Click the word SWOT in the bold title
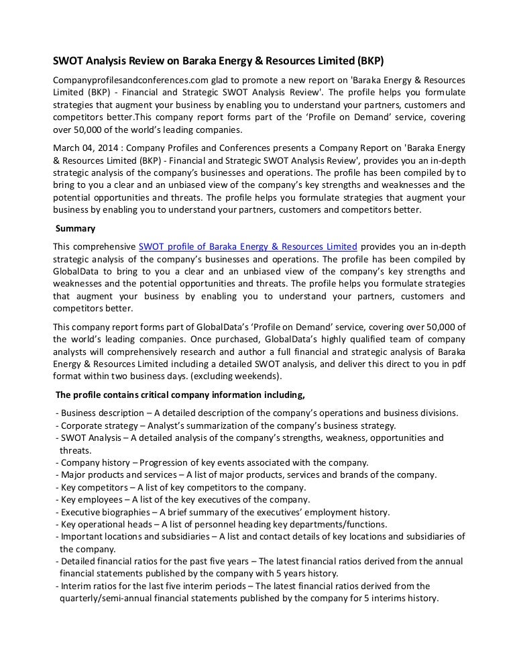[x=68, y=60]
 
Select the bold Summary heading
[x=75, y=228]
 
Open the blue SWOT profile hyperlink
[x=247, y=246]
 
